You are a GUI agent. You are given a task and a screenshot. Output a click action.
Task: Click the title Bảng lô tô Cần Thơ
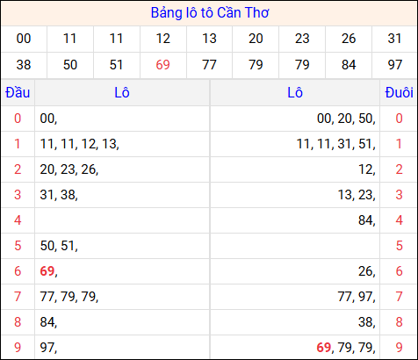click(x=209, y=13)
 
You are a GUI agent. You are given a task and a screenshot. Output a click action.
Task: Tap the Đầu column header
click(x=17, y=93)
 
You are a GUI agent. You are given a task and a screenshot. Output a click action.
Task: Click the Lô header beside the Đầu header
click(x=122, y=93)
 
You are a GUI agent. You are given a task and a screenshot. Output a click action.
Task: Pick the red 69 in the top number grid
click(x=162, y=64)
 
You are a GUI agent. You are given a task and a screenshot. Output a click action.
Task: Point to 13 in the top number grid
click(x=209, y=39)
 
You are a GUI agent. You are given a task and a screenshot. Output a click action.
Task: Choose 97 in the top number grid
click(x=394, y=64)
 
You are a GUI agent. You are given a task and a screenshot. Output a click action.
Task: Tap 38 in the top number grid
click(x=24, y=64)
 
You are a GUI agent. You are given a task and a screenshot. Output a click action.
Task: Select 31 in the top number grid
click(x=394, y=39)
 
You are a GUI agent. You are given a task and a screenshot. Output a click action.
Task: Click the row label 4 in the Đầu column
click(x=17, y=220)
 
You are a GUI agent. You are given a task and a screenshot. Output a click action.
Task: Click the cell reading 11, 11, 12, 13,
click(x=79, y=144)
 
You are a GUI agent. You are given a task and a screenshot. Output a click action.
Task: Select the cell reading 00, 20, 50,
click(x=346, y=119)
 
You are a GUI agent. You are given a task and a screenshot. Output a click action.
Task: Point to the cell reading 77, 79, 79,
click(x=68, y=297)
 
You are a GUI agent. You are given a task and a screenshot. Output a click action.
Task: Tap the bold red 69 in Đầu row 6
click(x=48, y=271)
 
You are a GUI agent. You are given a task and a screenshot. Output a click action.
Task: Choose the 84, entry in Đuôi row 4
click(x=366, y=220)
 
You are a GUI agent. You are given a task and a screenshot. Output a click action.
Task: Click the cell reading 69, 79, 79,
click(x=346, y=348)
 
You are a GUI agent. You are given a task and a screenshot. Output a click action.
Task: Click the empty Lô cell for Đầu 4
click(x=122, y=220)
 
